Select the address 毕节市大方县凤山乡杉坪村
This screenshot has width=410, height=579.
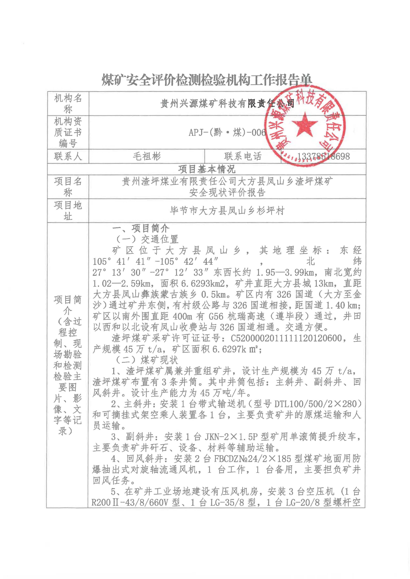pyautogui.click(x=227, y=211)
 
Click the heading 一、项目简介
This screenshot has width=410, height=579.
pyautogui.click(x=141, y=228)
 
